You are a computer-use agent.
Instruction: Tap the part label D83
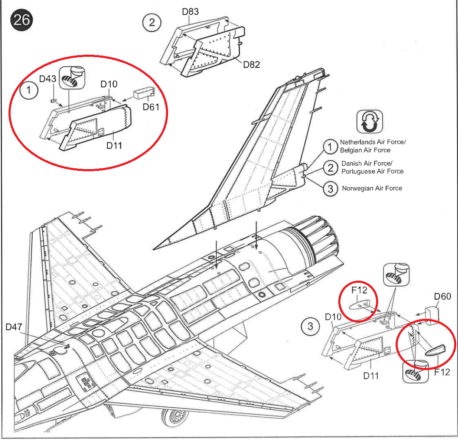click(x=191, y=11)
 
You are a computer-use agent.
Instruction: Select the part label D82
click(x=251, y=64)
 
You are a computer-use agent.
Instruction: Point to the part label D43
click(x=48, y=79)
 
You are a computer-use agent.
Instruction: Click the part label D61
click(x=151, y=106)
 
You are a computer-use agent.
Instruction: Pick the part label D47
click(x=14, y=327)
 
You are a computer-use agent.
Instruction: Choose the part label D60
click(x=443, y=296)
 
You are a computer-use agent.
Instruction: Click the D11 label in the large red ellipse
click(x=115, y=145)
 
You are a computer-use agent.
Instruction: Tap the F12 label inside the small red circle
click(x=359, y=291)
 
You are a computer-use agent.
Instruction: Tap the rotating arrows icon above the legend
click(x=369, y=122)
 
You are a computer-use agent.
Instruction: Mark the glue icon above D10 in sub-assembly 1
click(x=71, y=76)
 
